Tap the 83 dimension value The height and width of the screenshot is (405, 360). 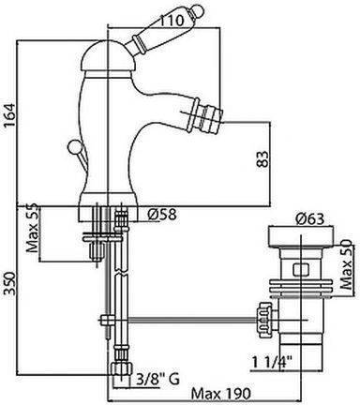[x=263, y=159]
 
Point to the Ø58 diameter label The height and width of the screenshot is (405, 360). [x=162, y=215]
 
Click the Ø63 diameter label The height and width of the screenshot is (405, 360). [x=309, y=219]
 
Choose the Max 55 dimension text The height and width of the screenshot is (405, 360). [x=33, y=228]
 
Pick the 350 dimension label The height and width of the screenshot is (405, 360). [x=9, y=283]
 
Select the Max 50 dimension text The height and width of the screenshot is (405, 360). [x=346, y=264]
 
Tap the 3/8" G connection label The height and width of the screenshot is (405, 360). [x=158, y=380]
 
